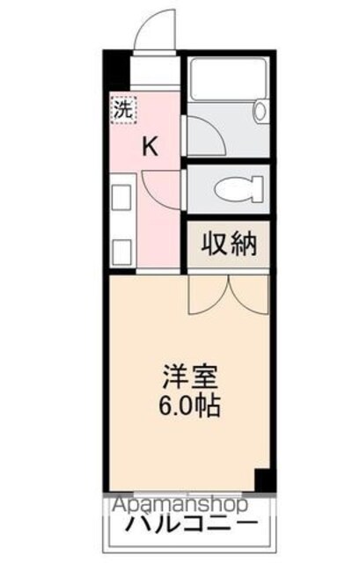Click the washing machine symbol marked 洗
click(x=124, y=109)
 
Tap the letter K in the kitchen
click(x=151, y=147)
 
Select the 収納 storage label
click(x=229, y=244)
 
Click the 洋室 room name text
click(x=191, y=377)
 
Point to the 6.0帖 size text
click(x=189, y=406)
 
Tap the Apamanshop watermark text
click(x=180, y=504)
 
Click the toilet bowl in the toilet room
click(x=239, y=189)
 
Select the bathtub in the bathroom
click(x=229, y=78)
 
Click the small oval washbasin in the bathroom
click(x=260, y=111)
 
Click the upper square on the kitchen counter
click(x=122, y=197)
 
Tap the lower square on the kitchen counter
click(x=122, y=252)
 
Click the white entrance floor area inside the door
click(x=155, y=70)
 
